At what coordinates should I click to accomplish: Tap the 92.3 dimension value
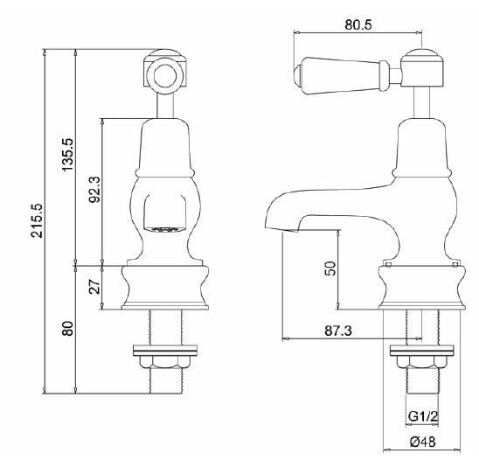95,191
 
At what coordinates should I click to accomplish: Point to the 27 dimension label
95,285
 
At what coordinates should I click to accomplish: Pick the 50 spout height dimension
330,268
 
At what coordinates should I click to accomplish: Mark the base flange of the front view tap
165,289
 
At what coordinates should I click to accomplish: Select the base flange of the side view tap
421,289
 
